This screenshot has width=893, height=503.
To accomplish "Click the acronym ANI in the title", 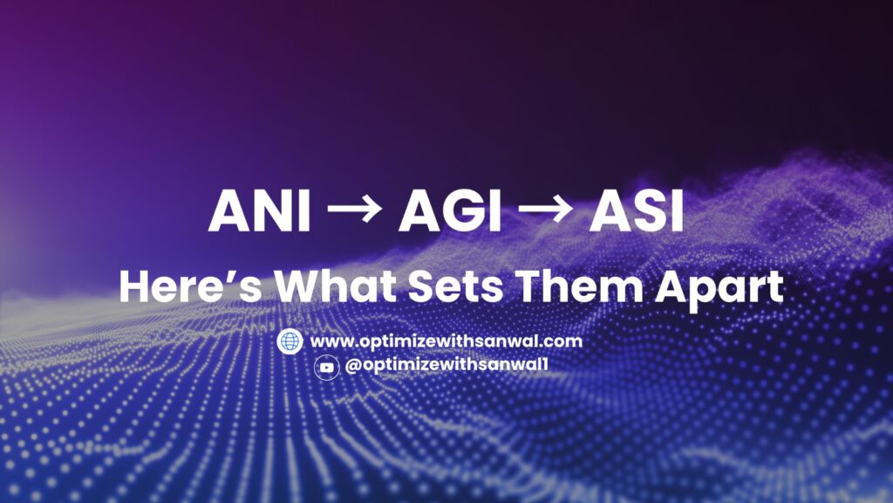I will click(x=260, y=212).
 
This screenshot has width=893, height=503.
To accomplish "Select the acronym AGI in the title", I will click(x=449, y=212).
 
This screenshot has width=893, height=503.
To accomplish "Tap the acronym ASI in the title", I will click(x=636, y=212).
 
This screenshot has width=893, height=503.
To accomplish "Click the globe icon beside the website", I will click(x=290, y=341).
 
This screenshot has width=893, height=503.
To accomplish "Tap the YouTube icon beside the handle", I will click(x=326, y=368).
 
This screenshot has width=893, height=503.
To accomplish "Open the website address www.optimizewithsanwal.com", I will click(x=446, y=341).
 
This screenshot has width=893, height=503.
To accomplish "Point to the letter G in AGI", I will click(x=457, y=212).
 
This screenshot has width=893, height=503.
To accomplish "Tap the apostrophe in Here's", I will click(x=228, y=275).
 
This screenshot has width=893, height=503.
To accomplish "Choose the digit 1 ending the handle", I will click(x=544, y=367).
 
